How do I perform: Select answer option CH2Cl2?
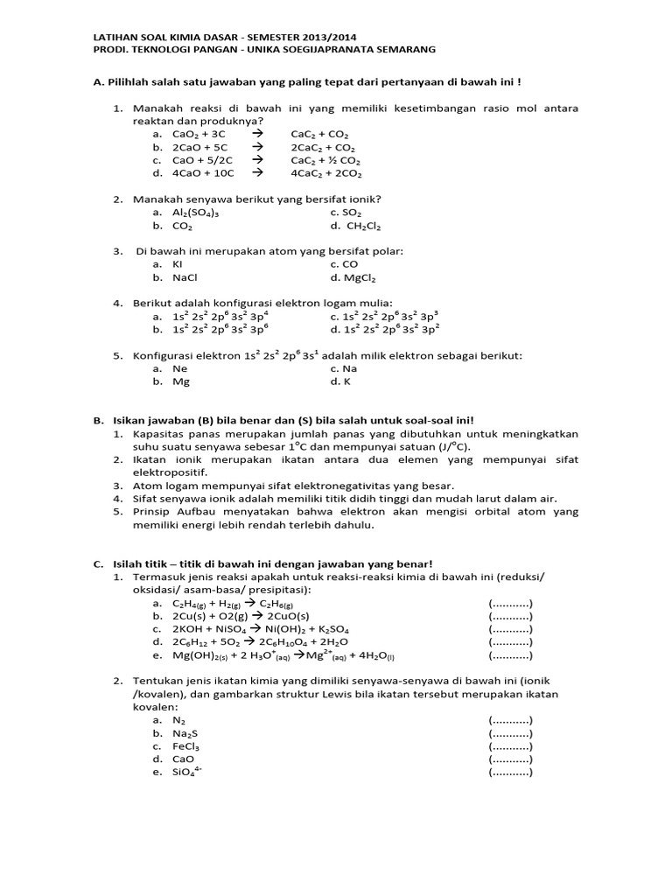click(355, 226)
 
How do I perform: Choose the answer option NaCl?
click(185, 277)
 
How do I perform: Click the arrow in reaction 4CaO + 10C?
click(257, 173)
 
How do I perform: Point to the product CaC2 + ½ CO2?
click(325, 161)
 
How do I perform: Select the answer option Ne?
click(180, 368)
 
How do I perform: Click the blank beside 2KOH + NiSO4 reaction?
click(510, 629)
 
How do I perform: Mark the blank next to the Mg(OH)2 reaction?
click(510, 654)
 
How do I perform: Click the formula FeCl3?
click(186, 746)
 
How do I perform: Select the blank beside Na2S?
click(510, 733)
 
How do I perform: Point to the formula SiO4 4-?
click(187, 772)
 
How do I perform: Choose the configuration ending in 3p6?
click(220, 329)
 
